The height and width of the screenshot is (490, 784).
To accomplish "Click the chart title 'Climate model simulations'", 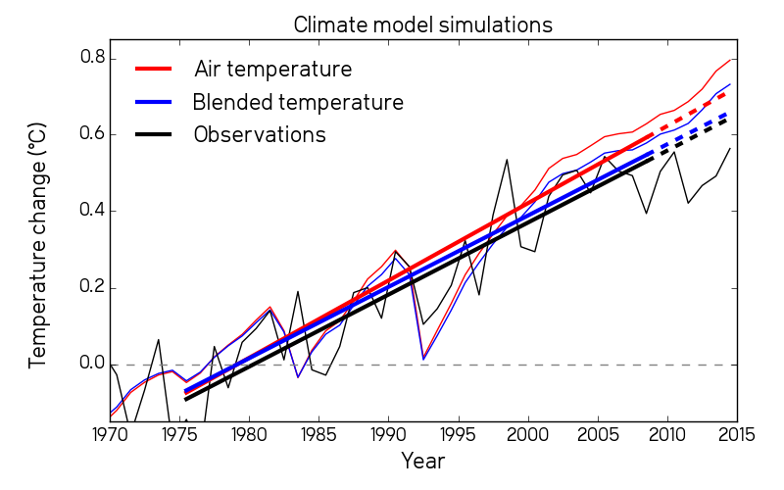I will [x=422, y=24].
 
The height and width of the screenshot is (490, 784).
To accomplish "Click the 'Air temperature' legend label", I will [x=272, y=70].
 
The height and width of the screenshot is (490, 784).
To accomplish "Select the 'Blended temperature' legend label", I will [x=298, y=102].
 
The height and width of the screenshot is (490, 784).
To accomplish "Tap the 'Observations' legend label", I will [x=260, y=134].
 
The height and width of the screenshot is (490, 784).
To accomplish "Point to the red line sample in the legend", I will [x=154, y=70].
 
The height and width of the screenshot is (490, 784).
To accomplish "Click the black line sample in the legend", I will [x=154, y=134].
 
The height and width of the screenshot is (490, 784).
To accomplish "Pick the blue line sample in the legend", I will [x=154, y=102].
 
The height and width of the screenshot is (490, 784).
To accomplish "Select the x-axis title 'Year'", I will [x=422, y=460].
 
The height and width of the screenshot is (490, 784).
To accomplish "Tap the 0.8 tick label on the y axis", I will [x=91, y=58].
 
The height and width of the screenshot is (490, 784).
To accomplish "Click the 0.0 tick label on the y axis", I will [x=91, y=365].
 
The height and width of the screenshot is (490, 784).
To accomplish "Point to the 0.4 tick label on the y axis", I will [x=91, y=211].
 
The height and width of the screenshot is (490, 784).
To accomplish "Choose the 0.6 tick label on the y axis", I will [x=91, y=134].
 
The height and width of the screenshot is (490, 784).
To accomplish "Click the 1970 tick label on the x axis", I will [x=110, y=433].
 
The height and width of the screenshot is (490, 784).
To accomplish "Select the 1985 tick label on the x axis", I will [x=318, y=433].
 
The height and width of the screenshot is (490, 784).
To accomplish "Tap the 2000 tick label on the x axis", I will [x=528, y=433].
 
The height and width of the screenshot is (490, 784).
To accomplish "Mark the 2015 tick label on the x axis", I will [x=737, y=433].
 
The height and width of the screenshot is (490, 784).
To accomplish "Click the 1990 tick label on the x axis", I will [x=388, y=433].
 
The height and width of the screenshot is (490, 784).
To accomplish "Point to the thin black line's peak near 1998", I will [x=507, y=159].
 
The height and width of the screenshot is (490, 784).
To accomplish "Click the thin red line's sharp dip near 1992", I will [x=423, y=359].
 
